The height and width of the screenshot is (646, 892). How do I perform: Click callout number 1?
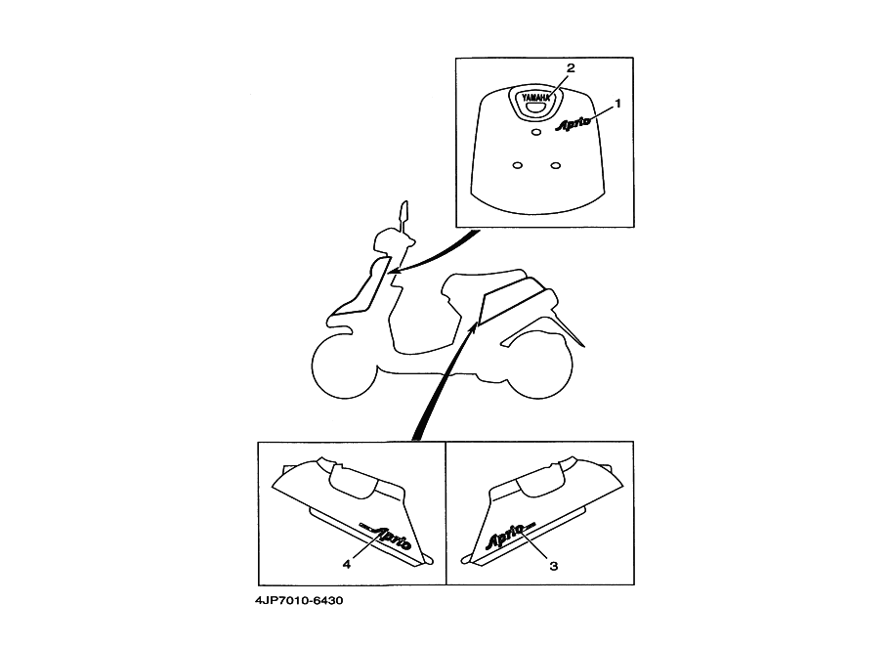click(617, 104)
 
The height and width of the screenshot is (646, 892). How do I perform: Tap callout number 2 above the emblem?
click(571, 67)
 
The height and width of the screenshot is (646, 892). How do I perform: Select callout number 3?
click(553, 566)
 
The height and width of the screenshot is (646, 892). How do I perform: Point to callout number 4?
click(347, 564)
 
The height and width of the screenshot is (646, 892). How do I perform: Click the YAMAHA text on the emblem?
click(535, 98)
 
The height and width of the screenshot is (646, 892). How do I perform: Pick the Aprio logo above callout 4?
click(385, 536)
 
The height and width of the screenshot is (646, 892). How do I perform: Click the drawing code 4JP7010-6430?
click(299, 600)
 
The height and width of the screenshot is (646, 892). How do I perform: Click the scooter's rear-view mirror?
click(404, 215)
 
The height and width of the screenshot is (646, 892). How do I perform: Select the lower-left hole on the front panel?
click(517, 165)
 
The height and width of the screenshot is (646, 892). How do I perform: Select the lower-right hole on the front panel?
click(556, 165)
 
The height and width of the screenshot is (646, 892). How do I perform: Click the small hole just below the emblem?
click(535, 132)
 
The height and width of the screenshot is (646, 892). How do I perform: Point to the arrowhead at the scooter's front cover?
click(394, 273)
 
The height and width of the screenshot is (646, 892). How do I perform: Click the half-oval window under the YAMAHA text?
click(535, 107)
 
